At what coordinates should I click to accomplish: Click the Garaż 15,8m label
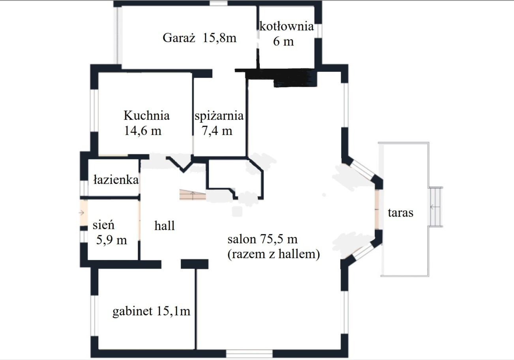tap(199, 38)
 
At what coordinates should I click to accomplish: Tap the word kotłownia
tap(286, 26)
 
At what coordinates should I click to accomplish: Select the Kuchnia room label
tap(146, 115)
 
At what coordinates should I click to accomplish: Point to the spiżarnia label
tap(219, 116)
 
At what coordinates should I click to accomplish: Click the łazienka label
tap(116, 180)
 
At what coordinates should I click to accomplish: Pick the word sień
tap(103, 225)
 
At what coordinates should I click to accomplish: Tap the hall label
tap(165, 225)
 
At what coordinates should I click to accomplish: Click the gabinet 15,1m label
tap(152, 311)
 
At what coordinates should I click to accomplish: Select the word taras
tap(400, 213)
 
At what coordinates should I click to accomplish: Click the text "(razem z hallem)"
tap(274, 254)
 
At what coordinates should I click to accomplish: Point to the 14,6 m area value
tap(143, 131)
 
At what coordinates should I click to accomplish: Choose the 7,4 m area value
tap(217, 131)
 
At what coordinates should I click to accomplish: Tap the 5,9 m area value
tap(111, 240)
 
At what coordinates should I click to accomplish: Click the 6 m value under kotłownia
tap(283, 41)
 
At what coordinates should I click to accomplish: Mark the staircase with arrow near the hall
tap(193, 195)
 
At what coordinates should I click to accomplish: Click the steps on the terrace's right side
tap(435, 207)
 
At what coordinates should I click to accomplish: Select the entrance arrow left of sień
tap(81, 213)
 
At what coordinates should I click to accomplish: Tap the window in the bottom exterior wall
tap(249, 354)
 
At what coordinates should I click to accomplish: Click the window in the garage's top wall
tap(219, 3)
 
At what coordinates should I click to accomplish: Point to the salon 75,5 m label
tap(263, 239)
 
